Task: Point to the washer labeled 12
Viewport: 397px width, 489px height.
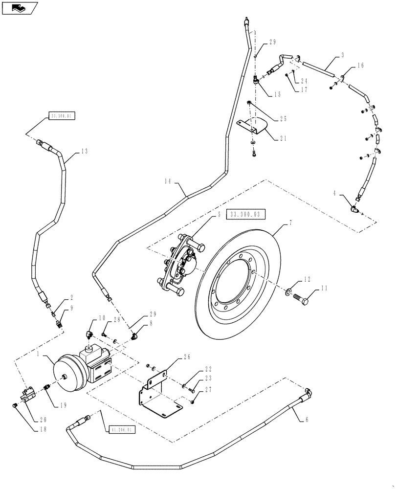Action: [x=289, y=293]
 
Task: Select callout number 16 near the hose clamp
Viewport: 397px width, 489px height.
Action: [x=360, y=65]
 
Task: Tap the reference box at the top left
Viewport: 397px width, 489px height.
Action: [x=63, y=116]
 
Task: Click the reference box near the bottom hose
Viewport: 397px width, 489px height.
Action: [x=120, y=429]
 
